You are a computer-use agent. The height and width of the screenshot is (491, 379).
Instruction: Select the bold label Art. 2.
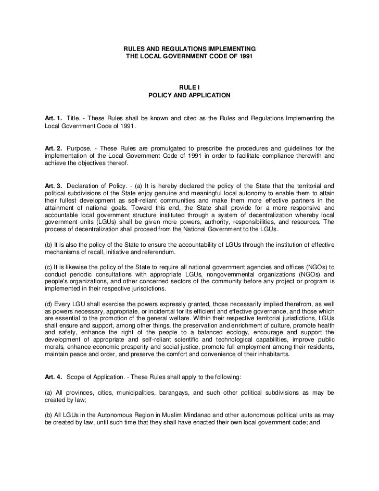[53, 148]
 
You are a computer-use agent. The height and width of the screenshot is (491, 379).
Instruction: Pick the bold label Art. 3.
[53, 186]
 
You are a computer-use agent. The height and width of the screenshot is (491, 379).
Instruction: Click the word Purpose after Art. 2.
[79, 148]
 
